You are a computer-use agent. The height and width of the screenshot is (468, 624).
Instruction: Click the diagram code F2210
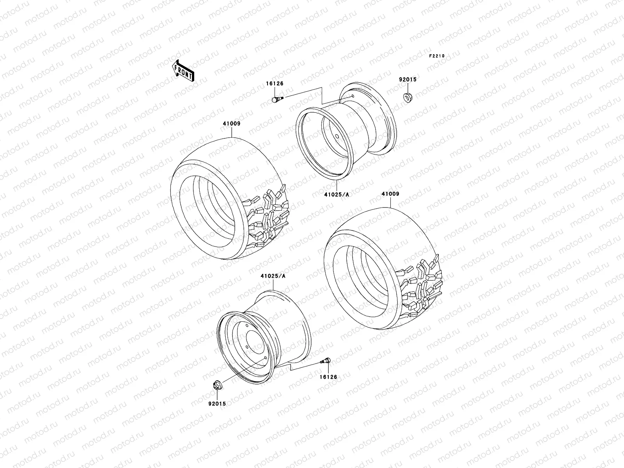tap(437, 56)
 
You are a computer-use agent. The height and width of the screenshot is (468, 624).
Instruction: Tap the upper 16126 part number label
tap(275, 83)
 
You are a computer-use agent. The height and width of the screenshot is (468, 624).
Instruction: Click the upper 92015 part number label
tap(408, 79)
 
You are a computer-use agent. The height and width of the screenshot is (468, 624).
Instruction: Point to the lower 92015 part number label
tap(216, 404)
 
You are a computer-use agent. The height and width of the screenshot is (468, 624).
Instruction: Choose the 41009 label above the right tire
tap(390, 194)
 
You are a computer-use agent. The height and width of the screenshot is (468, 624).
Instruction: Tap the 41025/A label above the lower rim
tap(273, 276)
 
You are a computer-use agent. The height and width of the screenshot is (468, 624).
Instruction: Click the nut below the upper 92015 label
tap(408, 96)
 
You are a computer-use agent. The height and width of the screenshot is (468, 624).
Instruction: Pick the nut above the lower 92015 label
tap(216, 385)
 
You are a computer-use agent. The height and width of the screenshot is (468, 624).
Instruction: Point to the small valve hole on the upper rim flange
tap(353, 96)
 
